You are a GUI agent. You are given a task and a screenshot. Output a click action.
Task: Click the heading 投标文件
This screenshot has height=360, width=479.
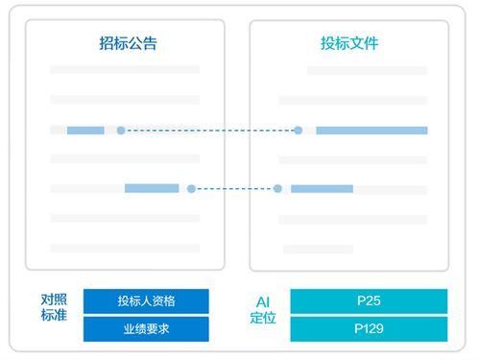(x=349, y=43)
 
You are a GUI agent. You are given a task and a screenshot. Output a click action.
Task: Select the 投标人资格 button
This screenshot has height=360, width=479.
(x=146, y=300)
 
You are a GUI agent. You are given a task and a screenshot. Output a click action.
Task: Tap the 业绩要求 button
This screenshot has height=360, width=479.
(x=146, y=329)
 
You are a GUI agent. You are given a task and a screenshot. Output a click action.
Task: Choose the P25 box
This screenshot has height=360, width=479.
(x=369, y=300)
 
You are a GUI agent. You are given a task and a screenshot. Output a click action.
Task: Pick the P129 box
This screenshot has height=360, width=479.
(x=369, y=329)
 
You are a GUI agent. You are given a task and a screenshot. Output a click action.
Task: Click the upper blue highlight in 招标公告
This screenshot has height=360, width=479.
(x=85, y=130)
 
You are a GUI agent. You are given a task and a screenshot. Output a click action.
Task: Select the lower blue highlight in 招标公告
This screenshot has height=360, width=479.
(x=152, y=188)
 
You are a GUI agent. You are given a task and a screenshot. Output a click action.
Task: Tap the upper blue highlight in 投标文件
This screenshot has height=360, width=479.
(x=371, y=130)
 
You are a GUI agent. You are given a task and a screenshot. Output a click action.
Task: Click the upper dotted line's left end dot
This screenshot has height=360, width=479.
(x=121, y=130)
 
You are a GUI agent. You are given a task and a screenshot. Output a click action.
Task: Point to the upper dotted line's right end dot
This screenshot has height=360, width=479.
(x=298, y=130)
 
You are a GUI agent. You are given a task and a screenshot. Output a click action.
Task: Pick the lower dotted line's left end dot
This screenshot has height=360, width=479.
(x=191, y=189)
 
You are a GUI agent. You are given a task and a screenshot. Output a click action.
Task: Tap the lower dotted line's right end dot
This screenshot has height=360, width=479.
(x=277, y=189)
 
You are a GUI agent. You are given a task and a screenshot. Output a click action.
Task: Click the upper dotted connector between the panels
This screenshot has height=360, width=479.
(x=209, y=130)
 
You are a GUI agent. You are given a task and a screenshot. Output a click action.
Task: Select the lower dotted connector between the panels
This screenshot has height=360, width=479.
(x=234, y=189)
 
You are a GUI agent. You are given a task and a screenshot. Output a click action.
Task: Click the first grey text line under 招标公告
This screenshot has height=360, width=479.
(x=125, y=69)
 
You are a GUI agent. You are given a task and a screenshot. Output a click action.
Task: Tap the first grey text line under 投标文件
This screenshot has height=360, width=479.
(x=367, y=70)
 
